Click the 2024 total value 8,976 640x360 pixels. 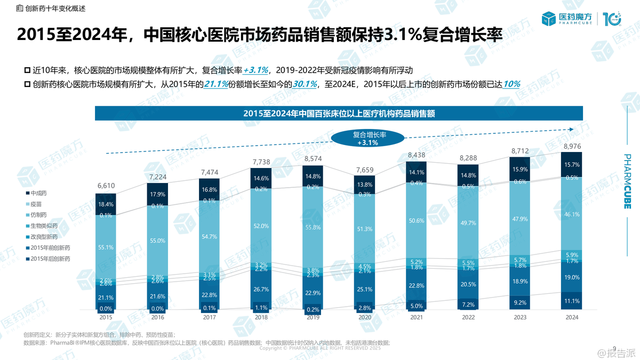571,147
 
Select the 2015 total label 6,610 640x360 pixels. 106,186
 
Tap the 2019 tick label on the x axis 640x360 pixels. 313,317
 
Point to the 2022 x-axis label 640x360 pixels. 468,317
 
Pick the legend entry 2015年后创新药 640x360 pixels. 51,258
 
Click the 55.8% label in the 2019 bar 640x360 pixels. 313,227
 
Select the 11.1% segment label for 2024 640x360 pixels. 571,301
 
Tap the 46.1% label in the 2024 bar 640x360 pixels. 571,214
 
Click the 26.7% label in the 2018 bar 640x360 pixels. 261,289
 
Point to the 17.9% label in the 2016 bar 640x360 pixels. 157,194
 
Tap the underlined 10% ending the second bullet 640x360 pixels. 511,84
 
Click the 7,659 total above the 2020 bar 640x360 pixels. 364,171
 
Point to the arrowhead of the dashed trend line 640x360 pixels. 573,129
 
